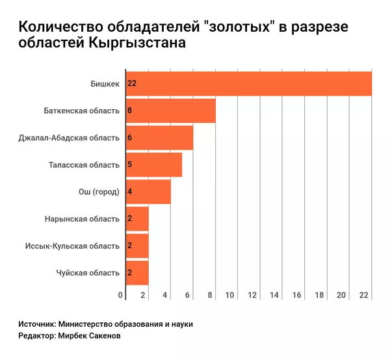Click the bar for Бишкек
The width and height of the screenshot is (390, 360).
247,83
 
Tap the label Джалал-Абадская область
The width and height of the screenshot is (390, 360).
70,138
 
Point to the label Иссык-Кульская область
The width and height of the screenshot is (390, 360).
72,246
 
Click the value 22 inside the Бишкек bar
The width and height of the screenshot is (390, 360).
131,84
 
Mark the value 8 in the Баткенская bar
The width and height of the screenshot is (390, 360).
130,110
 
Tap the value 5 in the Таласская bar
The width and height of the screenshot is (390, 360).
130,164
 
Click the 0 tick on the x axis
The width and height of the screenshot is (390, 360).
121,295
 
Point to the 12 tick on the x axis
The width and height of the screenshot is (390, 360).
252,295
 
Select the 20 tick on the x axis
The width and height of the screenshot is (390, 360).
341,295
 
